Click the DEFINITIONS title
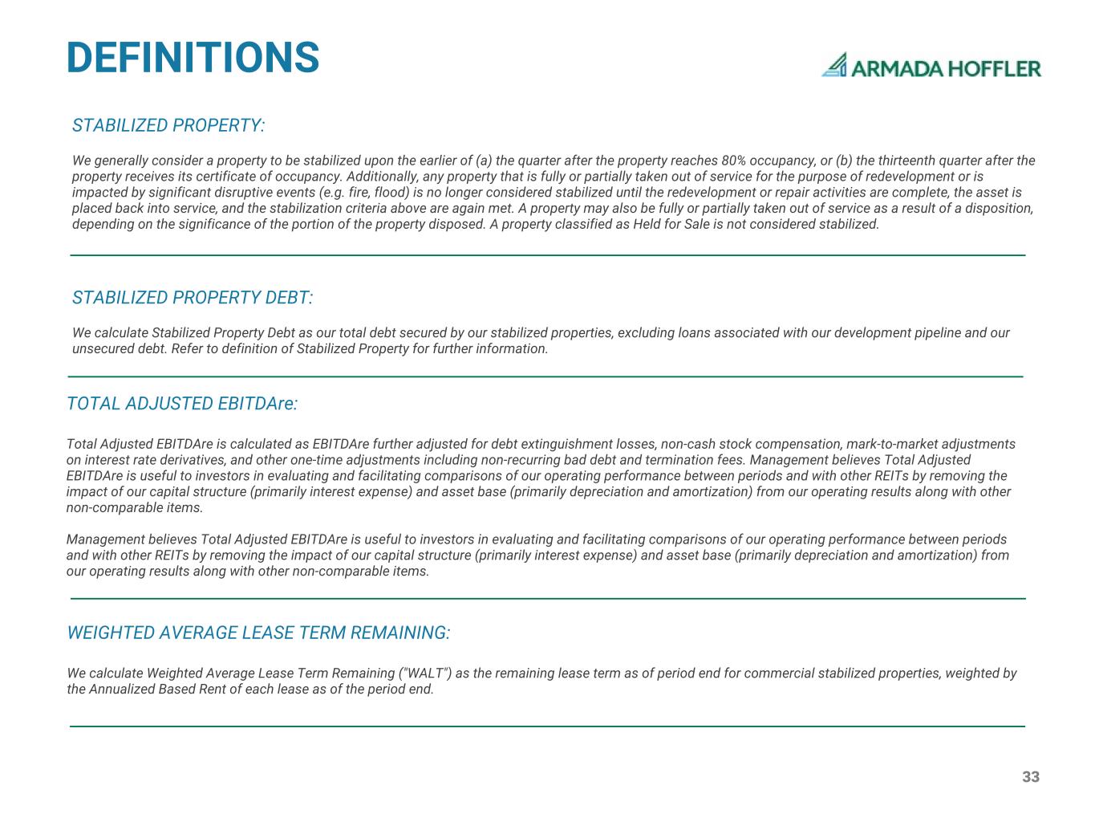pyautogui.click(x=193, y=58)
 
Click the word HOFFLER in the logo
pyautogui.click(x=996, y=69)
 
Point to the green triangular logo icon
pyautogui.click(x=835, y=65)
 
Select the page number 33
pyautogui.click(x=1031, y=776)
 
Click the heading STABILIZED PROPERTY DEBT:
pyautogui.click(x=193, y=298)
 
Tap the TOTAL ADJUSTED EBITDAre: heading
pyautogui.click(x=182, y=404)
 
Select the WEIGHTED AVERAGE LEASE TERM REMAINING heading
pyautogui.click(x=258, y=633)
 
